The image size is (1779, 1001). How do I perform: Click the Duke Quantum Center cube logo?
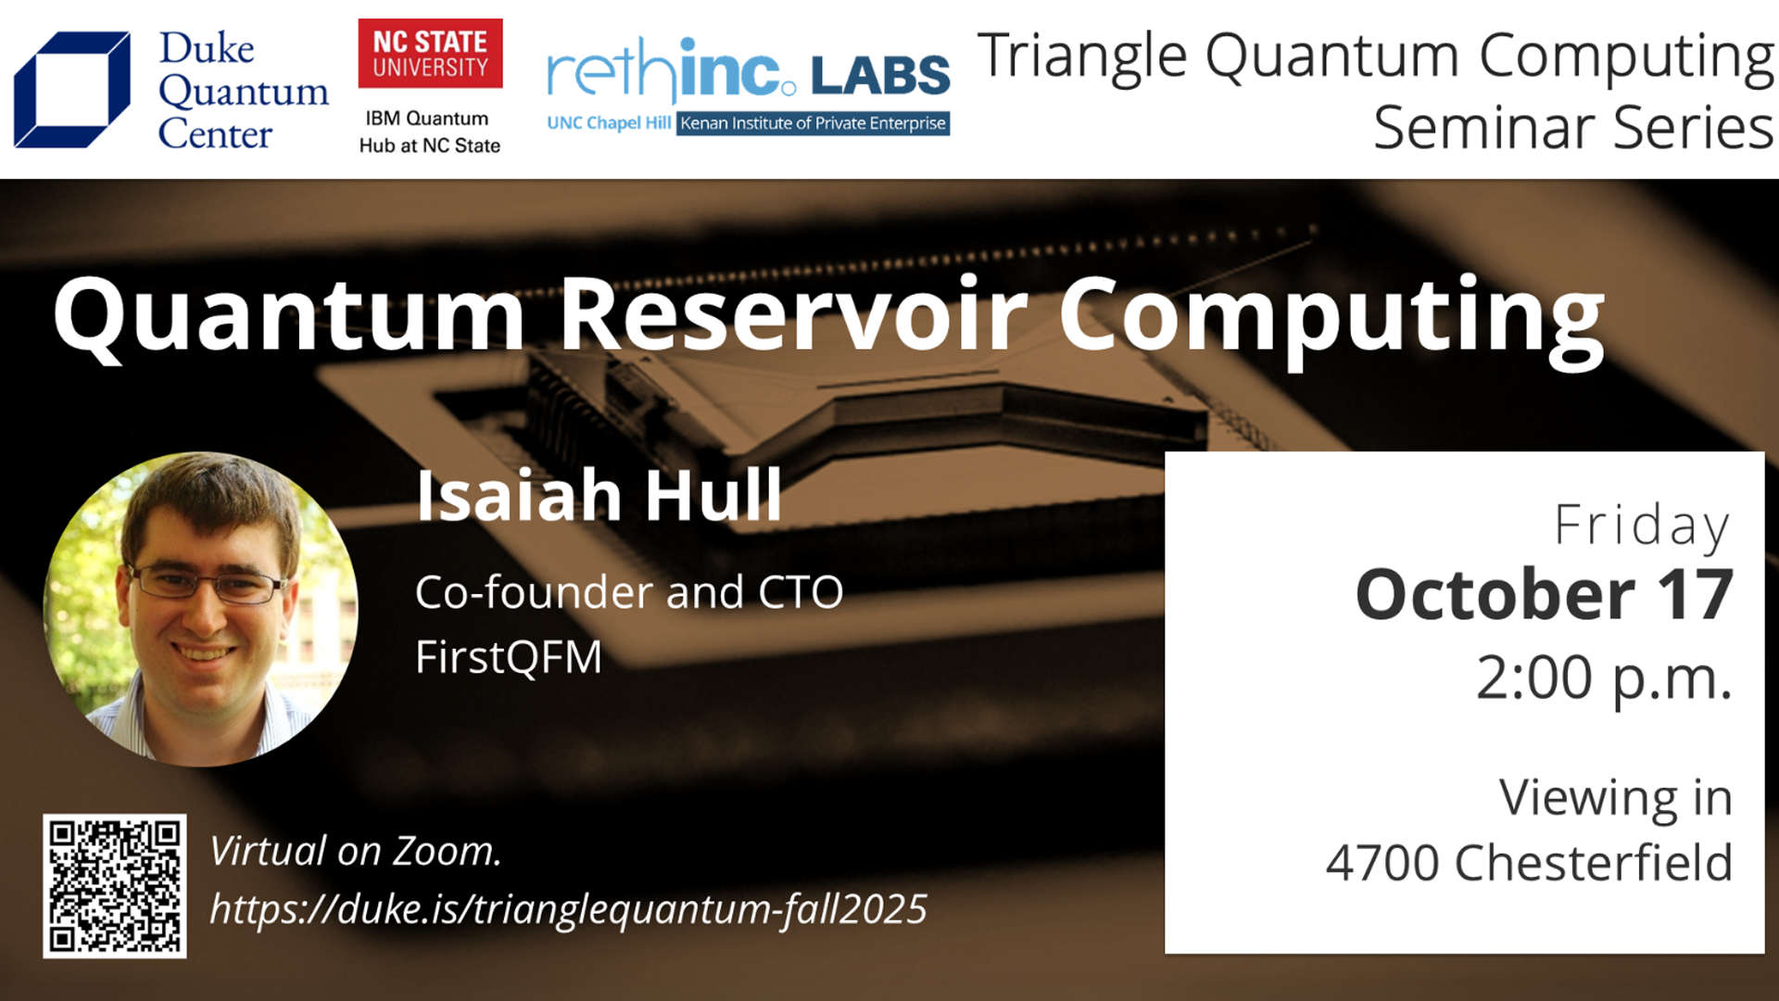click(x=72, y=89)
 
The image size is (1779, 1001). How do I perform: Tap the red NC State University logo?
click(x=430, y=54)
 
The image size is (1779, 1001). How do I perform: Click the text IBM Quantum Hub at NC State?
click(x=429, y=132)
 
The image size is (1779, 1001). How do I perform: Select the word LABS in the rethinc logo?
click(x=880, y=76)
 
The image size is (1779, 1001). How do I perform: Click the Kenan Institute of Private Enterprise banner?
click(x=813, y=123)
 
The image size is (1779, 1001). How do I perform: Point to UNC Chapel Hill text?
click(x=609, y=123)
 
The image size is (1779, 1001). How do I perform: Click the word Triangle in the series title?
click(x=1081, y=57)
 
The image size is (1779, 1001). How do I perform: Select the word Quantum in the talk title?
click(x=289, y=317)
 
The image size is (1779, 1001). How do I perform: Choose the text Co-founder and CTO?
click(x=629, y=592)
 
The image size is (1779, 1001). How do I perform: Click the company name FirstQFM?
click(x=509, y=657)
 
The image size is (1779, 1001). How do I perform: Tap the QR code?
click(x=115, y=886)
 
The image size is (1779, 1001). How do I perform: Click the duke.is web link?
click(x=568, y=909)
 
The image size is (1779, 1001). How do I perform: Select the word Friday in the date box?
click(x=1642, y=526)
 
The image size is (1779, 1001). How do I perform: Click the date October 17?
click(x=1544, y=594)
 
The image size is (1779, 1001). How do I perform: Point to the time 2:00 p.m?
click(x=1604, y=678)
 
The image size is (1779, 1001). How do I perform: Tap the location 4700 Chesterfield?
click(x=1529, y=863)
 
